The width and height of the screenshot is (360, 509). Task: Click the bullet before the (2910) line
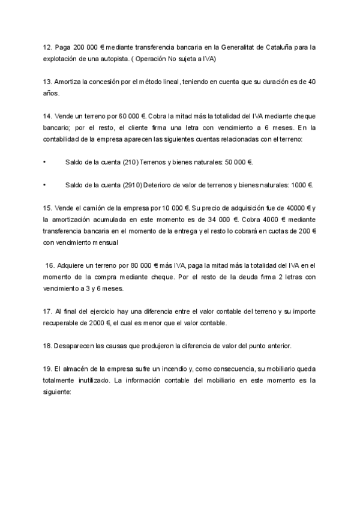pos(45,185)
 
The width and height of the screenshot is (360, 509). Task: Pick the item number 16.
pos(50,266)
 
